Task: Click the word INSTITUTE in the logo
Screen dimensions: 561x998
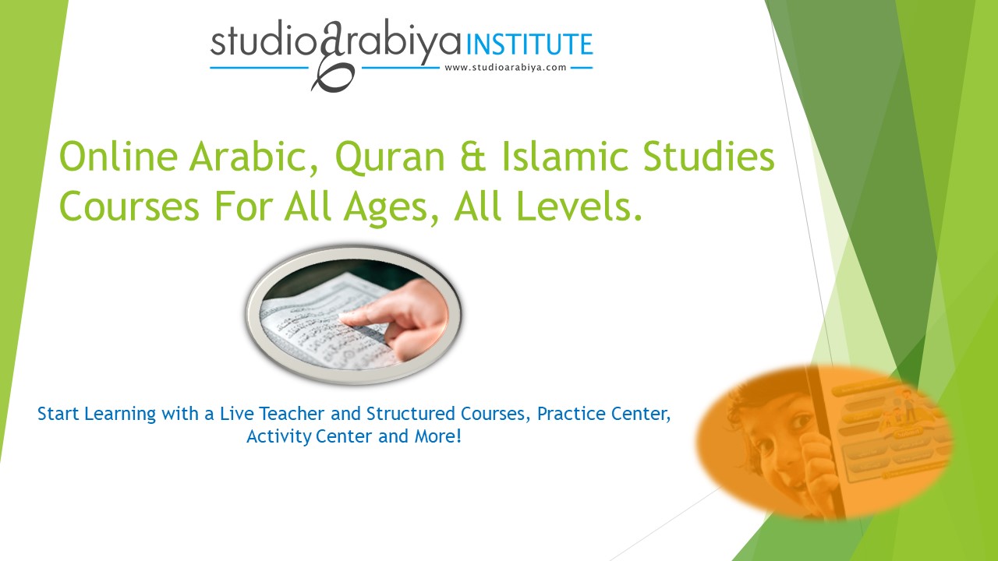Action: pyautogui.click(x=530, y=44)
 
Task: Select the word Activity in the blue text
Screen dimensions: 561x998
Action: pyautogui.click(x=279, y=436)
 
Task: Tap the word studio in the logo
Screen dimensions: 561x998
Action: pyautogui.click(x=259, y=44)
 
